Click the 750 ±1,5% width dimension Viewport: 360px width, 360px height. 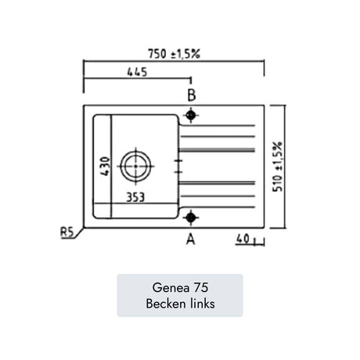click(x=174, y=54)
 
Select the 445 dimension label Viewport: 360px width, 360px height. click(x=137, y=72)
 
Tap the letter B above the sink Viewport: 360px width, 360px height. click(x=192, y=95)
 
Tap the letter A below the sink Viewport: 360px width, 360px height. click(x=191, y=239)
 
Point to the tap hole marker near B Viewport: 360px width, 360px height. click(x=191, y=115)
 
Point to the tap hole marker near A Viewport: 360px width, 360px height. click(x=191, y=217)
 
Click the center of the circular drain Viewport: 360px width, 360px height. click(x=135, y=166)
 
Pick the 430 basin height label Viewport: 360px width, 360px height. click(x=106, y=166)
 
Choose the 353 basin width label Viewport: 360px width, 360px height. click(x=135, y=197)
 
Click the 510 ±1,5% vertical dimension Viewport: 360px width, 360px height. click(x=277, y=167)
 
